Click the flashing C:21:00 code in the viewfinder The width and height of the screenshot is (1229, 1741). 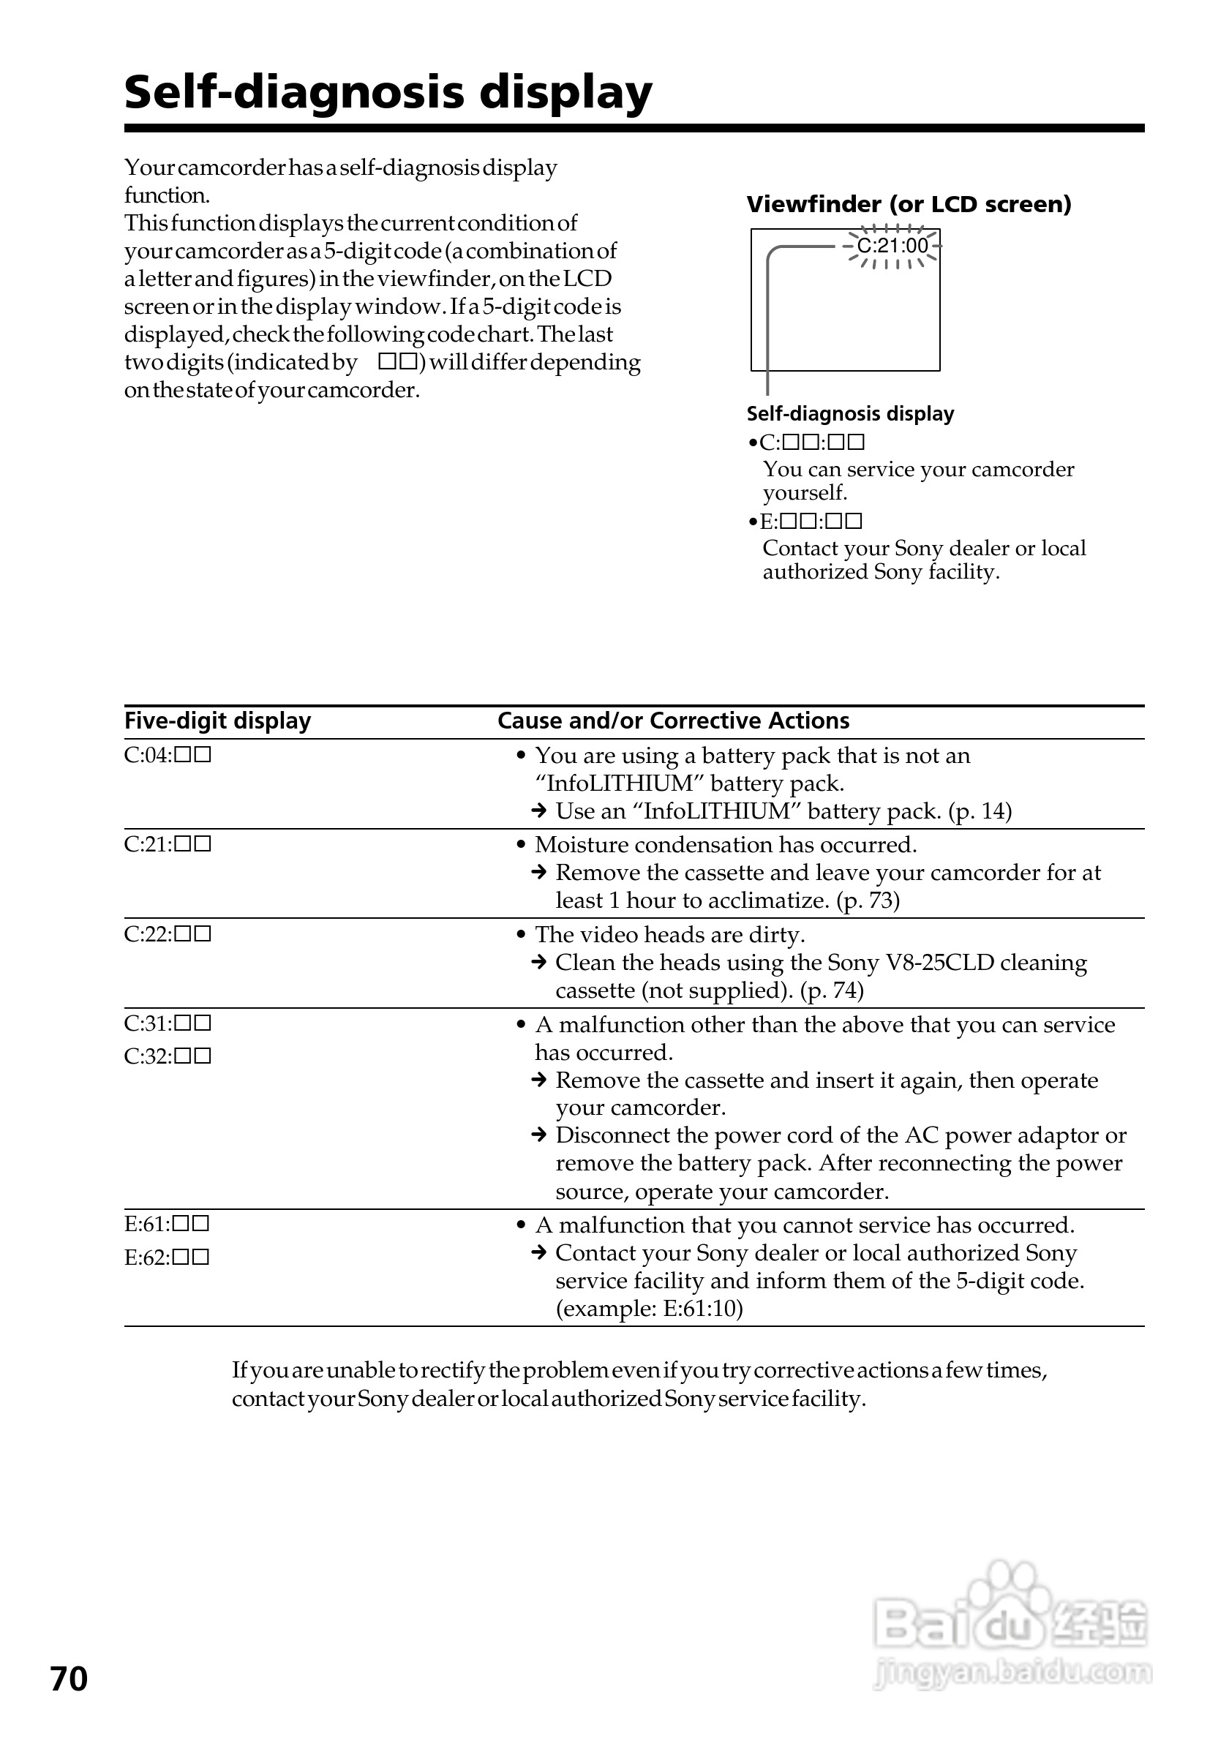892,246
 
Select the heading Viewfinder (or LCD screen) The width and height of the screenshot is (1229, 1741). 909,204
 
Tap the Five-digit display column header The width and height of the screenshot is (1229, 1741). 217,721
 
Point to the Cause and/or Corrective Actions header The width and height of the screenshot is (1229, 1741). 673,721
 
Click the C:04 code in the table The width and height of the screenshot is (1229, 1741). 168,755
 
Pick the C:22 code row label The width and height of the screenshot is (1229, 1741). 168,934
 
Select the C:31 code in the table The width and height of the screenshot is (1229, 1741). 168,1023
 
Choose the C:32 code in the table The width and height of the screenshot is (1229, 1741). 168,1056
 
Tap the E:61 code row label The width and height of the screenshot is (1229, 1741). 167,1224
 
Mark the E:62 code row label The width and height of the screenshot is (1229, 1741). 167,1258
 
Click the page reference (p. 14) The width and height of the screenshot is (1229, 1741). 980,811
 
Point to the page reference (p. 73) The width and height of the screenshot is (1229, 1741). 868,900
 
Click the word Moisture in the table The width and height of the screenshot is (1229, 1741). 582,845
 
